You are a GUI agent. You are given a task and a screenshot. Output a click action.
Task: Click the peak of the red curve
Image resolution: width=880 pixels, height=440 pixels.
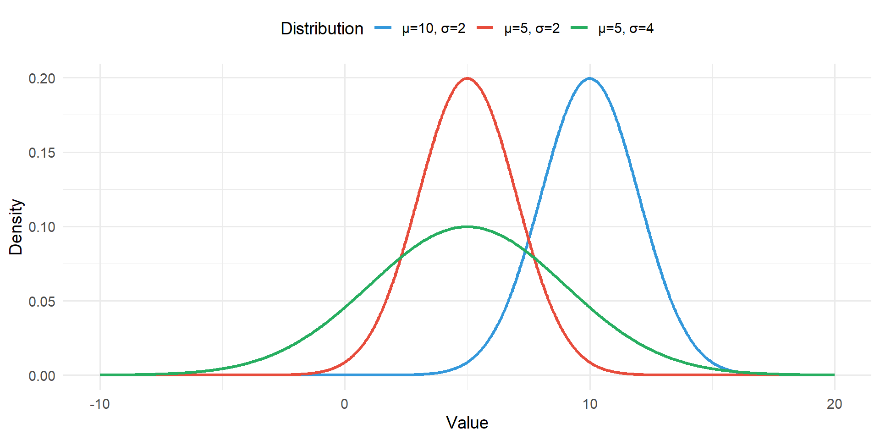pyautogui.click(x=467, y=78)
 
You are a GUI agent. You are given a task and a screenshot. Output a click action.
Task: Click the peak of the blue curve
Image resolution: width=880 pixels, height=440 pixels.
pyautogui.click(x=589, y=78)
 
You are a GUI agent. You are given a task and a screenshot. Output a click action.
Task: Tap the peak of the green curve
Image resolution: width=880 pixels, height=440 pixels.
pyautogui.click(x=467, y=226)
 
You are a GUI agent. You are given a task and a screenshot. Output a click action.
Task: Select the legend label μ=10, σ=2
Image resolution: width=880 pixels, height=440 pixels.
pyautogui.click(x=434, y=28)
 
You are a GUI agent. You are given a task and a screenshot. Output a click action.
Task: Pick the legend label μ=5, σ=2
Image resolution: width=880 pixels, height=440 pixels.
pyautogui.click(x=532, y=28)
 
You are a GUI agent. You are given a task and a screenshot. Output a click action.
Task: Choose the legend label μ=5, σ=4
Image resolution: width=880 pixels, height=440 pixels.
pyautogui.click(x=626, y=28)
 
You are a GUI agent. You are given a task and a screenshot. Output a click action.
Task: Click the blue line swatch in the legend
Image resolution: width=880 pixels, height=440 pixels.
pyautogui.click(x=383, y=28)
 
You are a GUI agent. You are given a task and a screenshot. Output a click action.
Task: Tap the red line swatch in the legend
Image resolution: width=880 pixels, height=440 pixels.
pyautogui.click(x=485, y=28)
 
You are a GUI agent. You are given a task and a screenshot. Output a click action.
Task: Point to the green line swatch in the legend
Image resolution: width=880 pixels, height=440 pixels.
pyautogui.click(x=579, y=28)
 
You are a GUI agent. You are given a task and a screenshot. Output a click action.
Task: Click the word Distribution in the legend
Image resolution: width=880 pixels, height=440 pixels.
pyautogui.click(x=322, y=28)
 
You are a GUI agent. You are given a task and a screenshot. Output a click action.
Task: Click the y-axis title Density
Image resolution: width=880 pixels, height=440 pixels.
pyautogui.click(x=16, y=227)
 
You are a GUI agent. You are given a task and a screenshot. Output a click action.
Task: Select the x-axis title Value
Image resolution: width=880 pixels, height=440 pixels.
pyautogui.click(x=467, y=423)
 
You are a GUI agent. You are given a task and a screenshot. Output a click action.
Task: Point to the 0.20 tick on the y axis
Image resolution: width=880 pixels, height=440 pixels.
pyautogui.click(x=42, y=78)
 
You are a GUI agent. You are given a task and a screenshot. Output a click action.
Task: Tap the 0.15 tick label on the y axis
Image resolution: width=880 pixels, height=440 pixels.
pyautogui.click(x=42, y=153)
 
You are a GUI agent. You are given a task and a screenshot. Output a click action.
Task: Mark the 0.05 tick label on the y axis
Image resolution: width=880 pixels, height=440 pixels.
pyautogui.click(x=42, y=302)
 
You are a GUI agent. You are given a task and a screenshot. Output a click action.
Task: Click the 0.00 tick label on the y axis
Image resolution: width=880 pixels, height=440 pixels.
pyautogui.click(x=42, y=376)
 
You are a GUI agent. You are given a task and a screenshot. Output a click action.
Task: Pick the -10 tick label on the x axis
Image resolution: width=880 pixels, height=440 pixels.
pyautogui.click(x=99, y=404)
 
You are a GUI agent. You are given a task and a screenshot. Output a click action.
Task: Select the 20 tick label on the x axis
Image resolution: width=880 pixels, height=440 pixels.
pyautogui.click(x=835, y=404)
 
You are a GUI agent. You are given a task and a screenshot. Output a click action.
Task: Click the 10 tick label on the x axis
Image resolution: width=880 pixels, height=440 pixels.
pyautogui.click(x=590, y=404)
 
